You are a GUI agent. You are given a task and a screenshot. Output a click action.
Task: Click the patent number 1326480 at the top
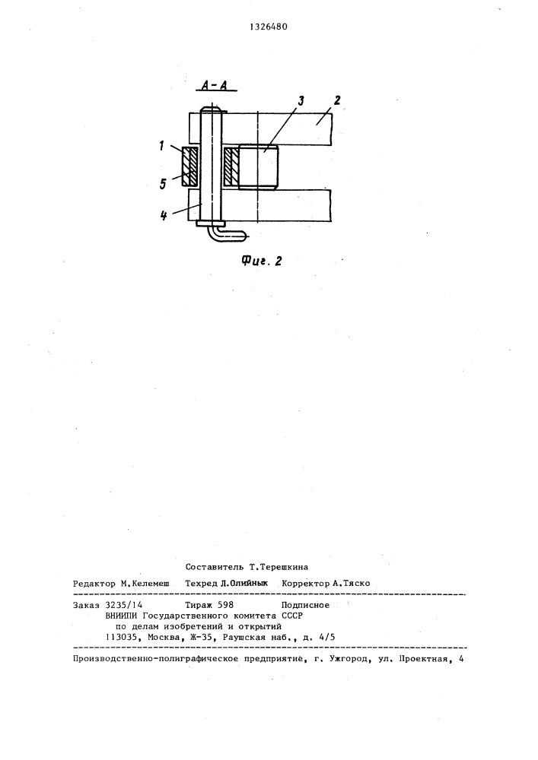point(269,27)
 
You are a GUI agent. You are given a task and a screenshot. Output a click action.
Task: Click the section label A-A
point(215,86)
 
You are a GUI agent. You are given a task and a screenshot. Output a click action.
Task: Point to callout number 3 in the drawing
point(301,101)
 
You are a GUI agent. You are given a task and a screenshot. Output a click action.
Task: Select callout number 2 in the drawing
point(336,100)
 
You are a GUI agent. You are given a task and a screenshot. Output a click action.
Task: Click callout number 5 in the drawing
point(163,184)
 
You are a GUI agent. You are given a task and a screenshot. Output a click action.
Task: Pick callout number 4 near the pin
point(164,215)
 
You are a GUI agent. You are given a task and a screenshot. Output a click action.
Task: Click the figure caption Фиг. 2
point(262,261)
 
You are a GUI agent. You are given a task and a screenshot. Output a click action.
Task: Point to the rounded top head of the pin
point(212,109)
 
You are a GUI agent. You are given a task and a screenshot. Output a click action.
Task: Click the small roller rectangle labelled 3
point(258,167)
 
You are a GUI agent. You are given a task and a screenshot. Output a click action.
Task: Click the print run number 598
point(226,605)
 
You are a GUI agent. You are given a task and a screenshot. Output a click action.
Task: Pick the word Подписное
point(305,605)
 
